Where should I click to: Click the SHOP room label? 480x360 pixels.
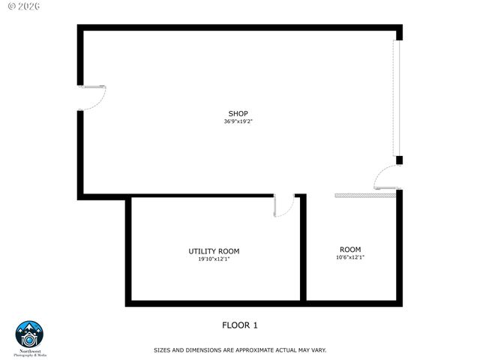(238, 113)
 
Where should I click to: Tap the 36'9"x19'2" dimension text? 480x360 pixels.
(238, 121)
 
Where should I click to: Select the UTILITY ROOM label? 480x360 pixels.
(214, 251)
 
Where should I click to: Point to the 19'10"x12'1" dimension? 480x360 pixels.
(214, 259)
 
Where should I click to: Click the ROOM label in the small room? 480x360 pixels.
(350, 249)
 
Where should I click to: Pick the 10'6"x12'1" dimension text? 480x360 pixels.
(350, 257)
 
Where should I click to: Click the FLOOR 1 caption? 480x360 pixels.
(240, 325)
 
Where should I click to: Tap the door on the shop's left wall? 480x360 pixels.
(93, 98)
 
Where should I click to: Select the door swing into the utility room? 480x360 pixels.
(284, 205)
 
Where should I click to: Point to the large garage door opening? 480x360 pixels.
(399, 97)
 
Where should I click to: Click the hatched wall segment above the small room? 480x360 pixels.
(364, 195)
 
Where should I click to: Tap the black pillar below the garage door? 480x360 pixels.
(400, 160)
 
